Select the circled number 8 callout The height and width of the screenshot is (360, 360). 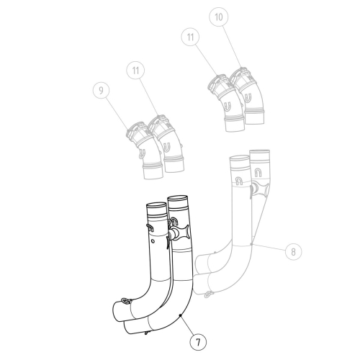[293, 252]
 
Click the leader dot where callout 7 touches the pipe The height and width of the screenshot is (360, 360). [180, 315]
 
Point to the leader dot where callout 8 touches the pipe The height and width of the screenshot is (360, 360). [250, 246]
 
